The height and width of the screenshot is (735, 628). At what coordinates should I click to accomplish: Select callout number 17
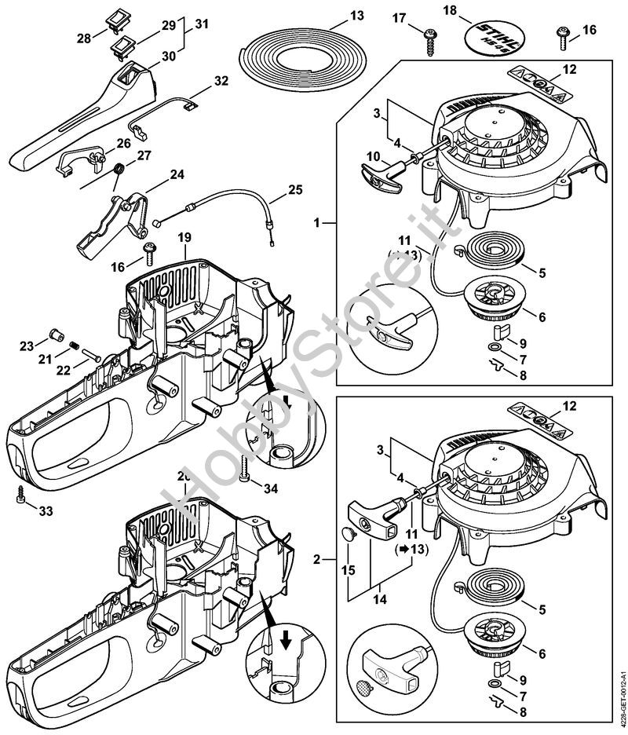click(x=400, y=16)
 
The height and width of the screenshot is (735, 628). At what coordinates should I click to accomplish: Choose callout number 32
click(x=221, y=80)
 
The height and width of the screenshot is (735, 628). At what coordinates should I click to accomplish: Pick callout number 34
click(x=270, y=488)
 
